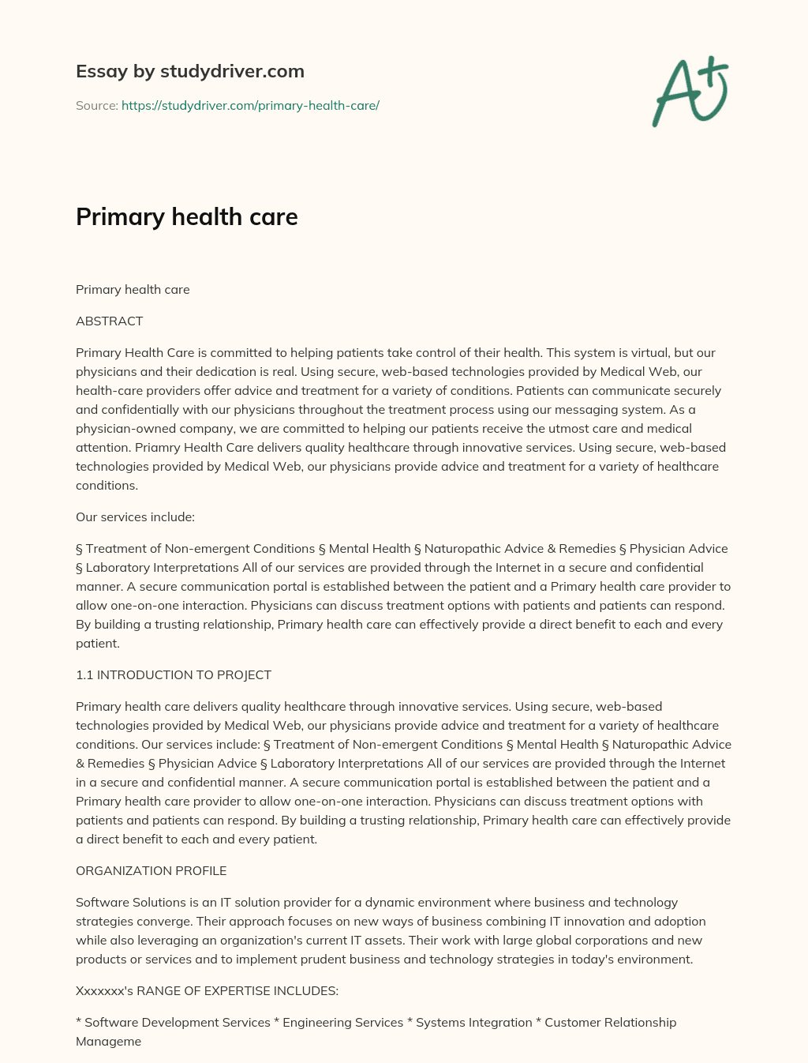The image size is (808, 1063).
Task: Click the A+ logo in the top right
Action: click(x=690, y=92)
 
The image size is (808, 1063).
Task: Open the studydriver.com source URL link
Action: click(x=250, y=105)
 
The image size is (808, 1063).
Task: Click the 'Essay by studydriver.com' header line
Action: click(x=189, y=71)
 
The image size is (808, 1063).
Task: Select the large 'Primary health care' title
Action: click(x=186, y=216)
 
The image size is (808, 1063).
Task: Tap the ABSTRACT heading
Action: click(x=109, y=321)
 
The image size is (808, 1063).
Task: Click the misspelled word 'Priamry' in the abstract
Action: click(x=158, y=447)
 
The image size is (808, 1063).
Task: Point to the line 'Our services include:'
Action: click(x=135, y=516)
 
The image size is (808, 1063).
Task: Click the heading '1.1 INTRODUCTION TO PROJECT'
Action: click(x=173, y=674)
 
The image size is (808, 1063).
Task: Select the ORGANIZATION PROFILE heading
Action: click(x=151, y=870)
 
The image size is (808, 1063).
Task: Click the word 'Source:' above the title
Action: click(x=96, y=105)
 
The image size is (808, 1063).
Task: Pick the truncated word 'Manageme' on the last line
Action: click(x=108, y=1041)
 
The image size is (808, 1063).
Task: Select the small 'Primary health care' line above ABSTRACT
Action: click(x=133, y=289)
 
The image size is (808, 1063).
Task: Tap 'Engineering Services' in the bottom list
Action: click(x=342, y=1022)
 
